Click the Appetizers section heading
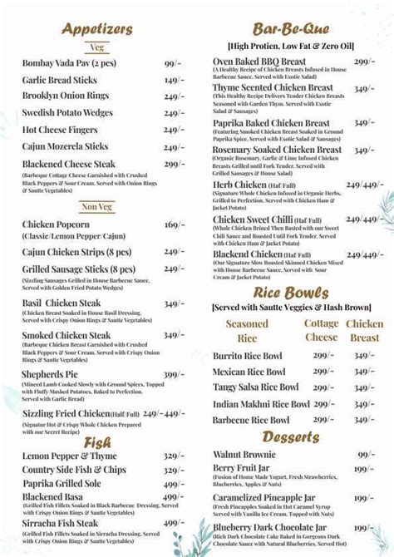click(98, 28)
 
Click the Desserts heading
click(292, 436)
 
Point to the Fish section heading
click(97, 442)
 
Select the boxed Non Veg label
click(97, 207)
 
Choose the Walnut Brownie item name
click(249, 455)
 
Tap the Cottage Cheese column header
click(321, 331)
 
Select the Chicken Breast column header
click(364, 331)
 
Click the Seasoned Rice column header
click(247, 331)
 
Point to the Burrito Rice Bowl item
click(249, 356)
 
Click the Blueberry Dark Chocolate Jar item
click(278, 527)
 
